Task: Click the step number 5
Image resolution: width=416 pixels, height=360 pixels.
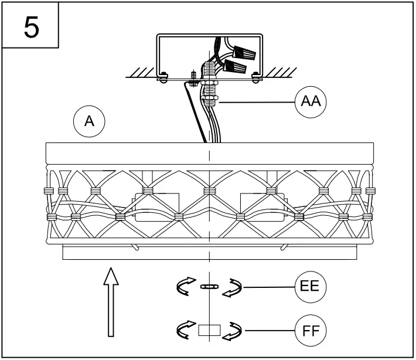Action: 31,27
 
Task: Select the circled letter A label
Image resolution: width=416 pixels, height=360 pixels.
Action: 89,121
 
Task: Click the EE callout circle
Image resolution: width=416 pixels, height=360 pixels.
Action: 309,287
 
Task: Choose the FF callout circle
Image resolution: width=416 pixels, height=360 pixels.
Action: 309,330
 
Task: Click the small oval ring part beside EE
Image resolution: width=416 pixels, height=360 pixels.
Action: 209,287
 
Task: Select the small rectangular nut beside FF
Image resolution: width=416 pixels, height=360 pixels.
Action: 209,330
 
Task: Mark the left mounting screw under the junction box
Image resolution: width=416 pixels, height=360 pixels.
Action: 164,76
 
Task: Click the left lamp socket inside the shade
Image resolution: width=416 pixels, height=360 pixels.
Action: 154,207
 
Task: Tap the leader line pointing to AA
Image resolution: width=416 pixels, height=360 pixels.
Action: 258,102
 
